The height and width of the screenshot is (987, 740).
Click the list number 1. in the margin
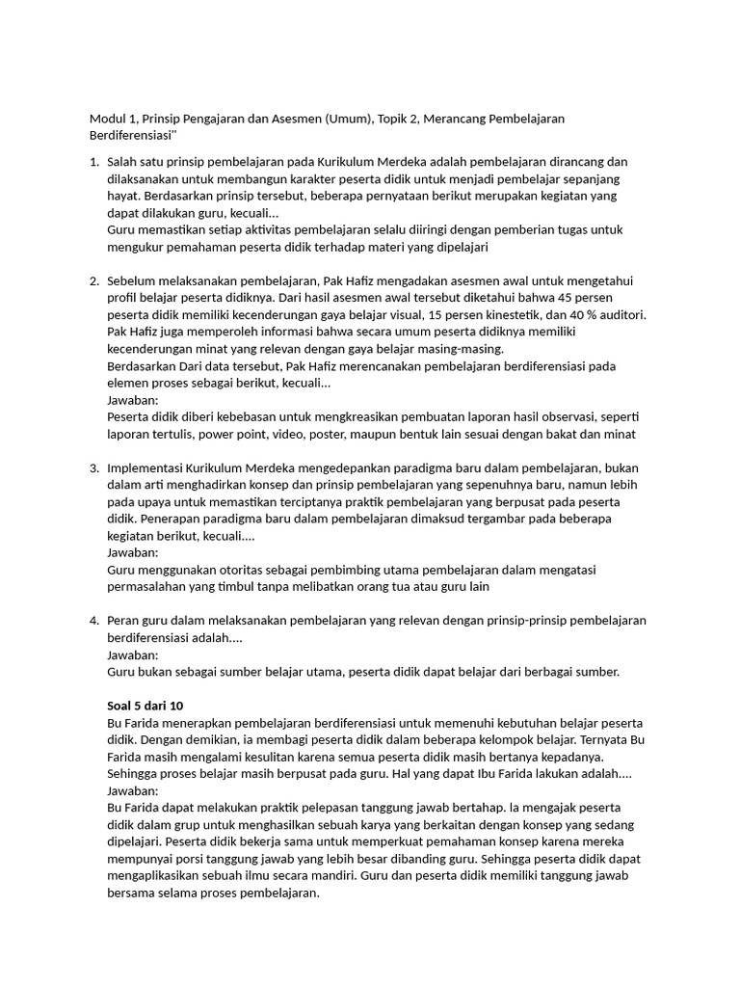tap(94, 162)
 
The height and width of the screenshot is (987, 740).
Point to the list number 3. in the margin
tap(94, 467)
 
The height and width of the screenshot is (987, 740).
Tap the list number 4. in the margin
tap(94, 620)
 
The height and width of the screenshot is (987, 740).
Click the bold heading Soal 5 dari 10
tap(149, 706)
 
